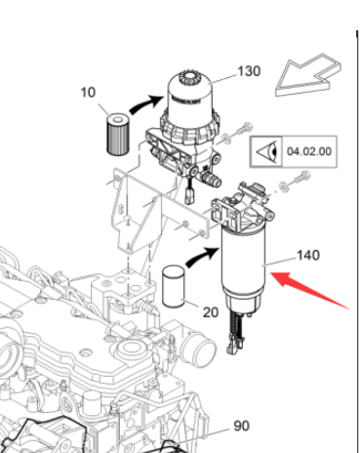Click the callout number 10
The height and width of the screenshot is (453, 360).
coord(88,93)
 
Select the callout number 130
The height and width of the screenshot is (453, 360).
coord(251,72)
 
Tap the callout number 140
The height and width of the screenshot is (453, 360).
coord(307,256)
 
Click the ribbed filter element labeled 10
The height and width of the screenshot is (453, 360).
coord(116,132)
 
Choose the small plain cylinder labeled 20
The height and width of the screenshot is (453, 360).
coord(173,285)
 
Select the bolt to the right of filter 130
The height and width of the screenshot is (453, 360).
coord(242,129)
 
